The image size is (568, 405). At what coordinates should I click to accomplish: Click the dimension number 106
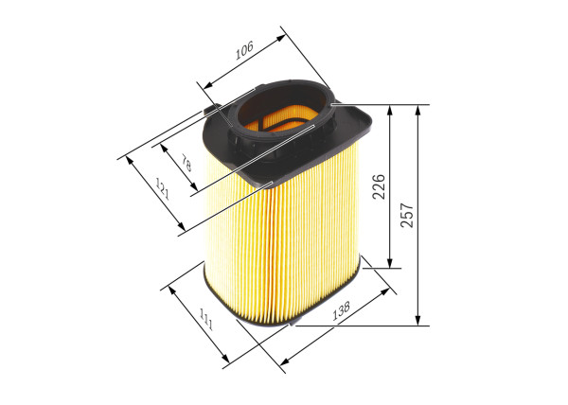point(245,50)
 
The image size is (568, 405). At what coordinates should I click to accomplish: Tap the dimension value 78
point(186,165)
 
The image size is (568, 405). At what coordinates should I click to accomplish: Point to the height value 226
point(378,185)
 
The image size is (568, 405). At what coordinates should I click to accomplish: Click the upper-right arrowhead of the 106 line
point(283,35)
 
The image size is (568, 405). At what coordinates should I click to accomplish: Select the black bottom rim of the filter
point(284,322)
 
